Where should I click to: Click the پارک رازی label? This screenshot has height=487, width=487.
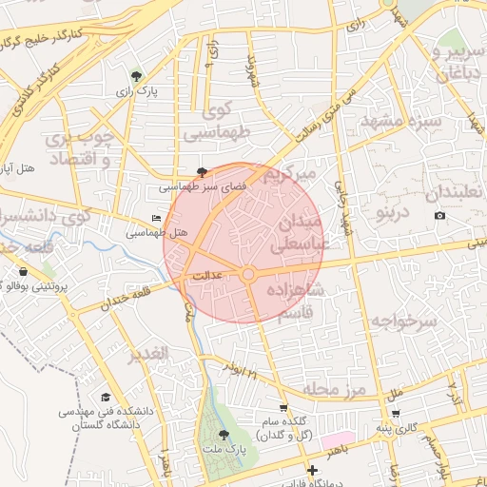[137, 91]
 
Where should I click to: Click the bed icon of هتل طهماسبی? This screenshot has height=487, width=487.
[157, 219]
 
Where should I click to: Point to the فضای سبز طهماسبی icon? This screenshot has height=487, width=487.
[202, 172]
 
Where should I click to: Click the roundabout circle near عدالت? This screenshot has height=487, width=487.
[248, 274]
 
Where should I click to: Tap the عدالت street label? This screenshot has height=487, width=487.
[207, 276]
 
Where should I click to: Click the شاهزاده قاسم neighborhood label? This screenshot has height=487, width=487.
[296, 302]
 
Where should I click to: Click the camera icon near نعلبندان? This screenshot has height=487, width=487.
[439, 216]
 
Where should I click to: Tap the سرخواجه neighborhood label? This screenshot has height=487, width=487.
[404, 321]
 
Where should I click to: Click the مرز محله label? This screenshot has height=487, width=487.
[335, 389]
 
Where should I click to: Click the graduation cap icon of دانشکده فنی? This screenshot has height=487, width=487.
[107, 397]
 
